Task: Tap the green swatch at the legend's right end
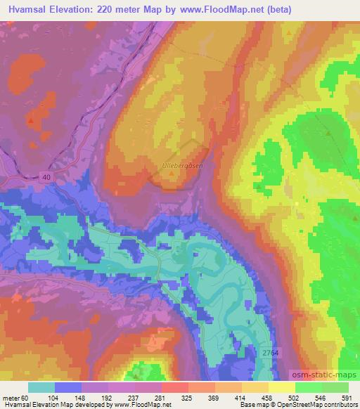tap(335, 387)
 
